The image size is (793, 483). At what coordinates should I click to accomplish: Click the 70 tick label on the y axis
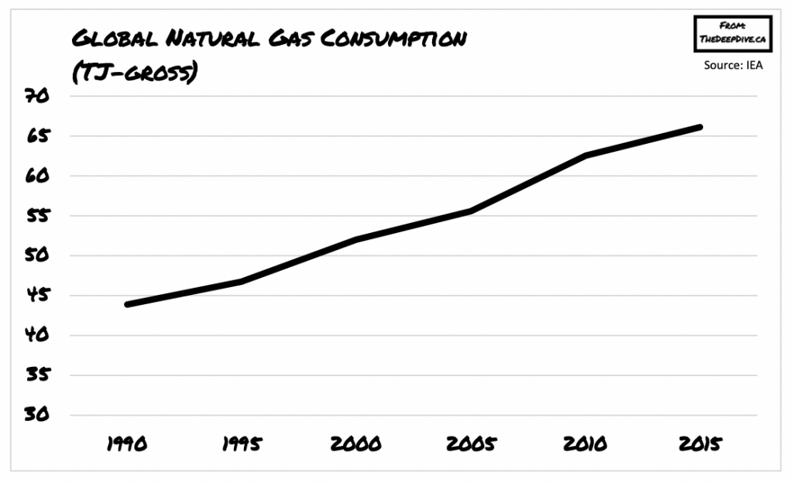point(38,97)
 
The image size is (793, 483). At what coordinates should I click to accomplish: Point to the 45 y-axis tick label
point(38,296)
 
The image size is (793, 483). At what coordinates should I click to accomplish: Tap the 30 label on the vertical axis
point(38,415)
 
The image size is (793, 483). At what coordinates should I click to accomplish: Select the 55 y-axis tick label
point(38,216)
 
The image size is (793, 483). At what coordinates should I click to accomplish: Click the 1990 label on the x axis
point(125,444)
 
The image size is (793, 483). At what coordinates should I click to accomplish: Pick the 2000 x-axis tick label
point(355,444)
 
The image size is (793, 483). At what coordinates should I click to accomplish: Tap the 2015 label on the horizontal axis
point(700,444)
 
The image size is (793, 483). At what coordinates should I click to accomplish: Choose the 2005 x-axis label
point(470,444)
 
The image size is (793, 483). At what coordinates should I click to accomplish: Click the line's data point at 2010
point(585,156)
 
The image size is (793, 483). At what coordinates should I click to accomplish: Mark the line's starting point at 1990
point(127,304)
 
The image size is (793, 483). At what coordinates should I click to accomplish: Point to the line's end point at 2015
point(699,127)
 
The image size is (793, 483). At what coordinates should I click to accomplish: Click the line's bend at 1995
point(242,281)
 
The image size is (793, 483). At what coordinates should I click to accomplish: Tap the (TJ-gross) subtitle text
point(133,73)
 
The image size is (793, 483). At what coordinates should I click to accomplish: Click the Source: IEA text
point(733,65)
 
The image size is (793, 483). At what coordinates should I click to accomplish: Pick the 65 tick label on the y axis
point(38,136)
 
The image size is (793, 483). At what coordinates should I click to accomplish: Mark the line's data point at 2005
point(471,211)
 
